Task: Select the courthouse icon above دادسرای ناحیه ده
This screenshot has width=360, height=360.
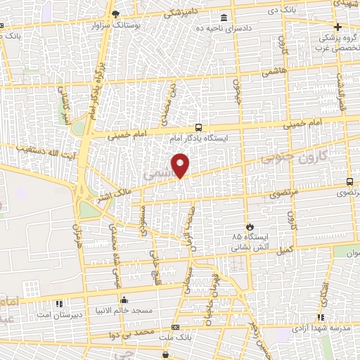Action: [224, 18]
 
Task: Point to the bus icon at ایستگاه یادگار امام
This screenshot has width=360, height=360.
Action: [199, 128]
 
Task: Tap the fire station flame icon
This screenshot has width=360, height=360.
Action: [249, 226]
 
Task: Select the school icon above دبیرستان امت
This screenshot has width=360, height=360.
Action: [59, 304]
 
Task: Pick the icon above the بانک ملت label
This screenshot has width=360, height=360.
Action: [174, 327]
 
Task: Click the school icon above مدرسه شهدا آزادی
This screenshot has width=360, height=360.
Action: [320, 318]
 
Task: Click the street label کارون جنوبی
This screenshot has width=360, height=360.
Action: [287, 156]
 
